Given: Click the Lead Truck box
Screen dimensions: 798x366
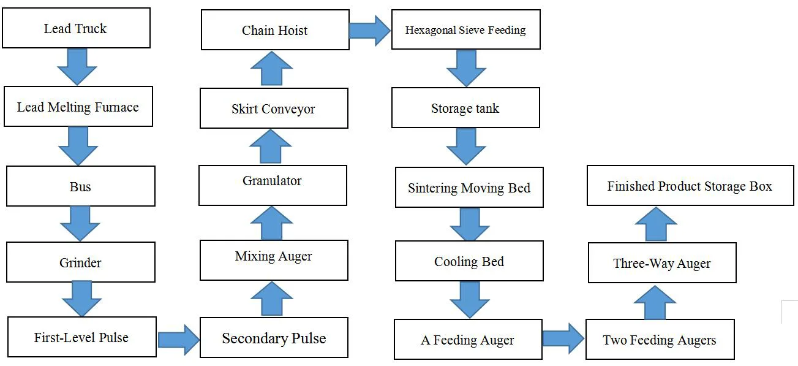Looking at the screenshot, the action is point(76,28).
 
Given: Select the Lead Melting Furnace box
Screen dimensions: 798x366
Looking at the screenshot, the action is point(78,106).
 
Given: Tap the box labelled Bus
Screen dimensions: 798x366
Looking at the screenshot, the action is point(81,186).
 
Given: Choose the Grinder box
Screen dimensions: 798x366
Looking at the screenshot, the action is point(81,262).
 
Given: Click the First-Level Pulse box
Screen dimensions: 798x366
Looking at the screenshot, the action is point(82,337).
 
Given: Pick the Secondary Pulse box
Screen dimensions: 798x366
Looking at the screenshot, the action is point(274,337).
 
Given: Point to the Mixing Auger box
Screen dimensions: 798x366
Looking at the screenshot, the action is point(274,260).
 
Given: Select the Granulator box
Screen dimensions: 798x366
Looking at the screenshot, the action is point(273,185).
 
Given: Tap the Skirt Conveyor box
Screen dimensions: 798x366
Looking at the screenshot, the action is point(274,108).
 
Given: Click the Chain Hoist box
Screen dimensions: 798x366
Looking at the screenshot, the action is point(275,29).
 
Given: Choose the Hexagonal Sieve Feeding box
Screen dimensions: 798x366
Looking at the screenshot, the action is point(466,29).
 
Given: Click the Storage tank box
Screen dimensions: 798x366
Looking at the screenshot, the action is point(465,107).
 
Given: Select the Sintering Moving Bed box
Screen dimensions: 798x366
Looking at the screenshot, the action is point(469,187).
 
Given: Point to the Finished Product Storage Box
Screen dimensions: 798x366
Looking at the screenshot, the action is point(690,186).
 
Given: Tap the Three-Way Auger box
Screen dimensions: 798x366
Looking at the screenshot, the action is point(662,263).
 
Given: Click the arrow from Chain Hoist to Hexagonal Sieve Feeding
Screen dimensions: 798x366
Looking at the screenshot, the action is point(370,30).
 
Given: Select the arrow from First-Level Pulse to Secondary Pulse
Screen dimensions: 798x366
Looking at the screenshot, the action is point(178,340).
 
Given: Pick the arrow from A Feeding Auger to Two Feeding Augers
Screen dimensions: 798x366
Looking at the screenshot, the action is point(563,339).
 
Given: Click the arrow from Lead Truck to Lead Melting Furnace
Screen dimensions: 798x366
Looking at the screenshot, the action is point(77,67).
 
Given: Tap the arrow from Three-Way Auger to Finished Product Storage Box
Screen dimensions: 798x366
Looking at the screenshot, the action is point(656,224).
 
